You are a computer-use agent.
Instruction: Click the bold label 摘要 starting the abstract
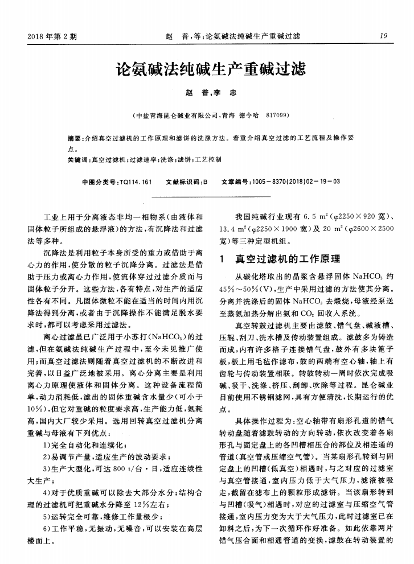pos(74,138)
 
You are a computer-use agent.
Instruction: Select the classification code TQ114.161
pos(134,182)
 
